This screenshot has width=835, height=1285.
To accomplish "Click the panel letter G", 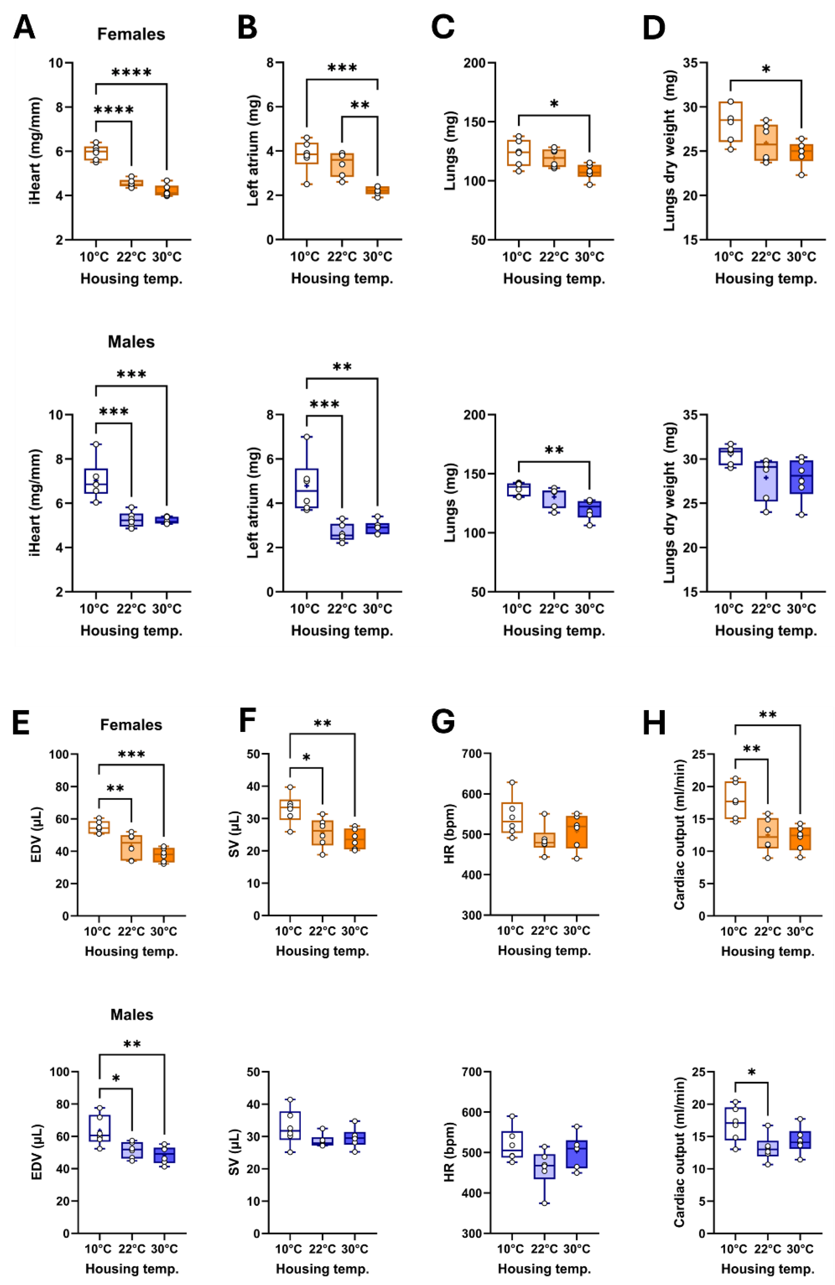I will tap(443, 722).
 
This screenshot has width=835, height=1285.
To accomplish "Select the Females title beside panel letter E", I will tap(131, 724).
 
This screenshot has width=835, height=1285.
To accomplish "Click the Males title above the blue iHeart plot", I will tap(131, 342).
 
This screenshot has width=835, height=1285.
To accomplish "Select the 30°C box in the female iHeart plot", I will tap(167, 190).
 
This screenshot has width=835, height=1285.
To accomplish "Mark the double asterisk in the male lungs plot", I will tap(554, 451).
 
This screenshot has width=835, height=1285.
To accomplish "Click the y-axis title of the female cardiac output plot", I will tap(679, 834).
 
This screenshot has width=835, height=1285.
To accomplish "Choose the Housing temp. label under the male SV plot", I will tap(322, 1268).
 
